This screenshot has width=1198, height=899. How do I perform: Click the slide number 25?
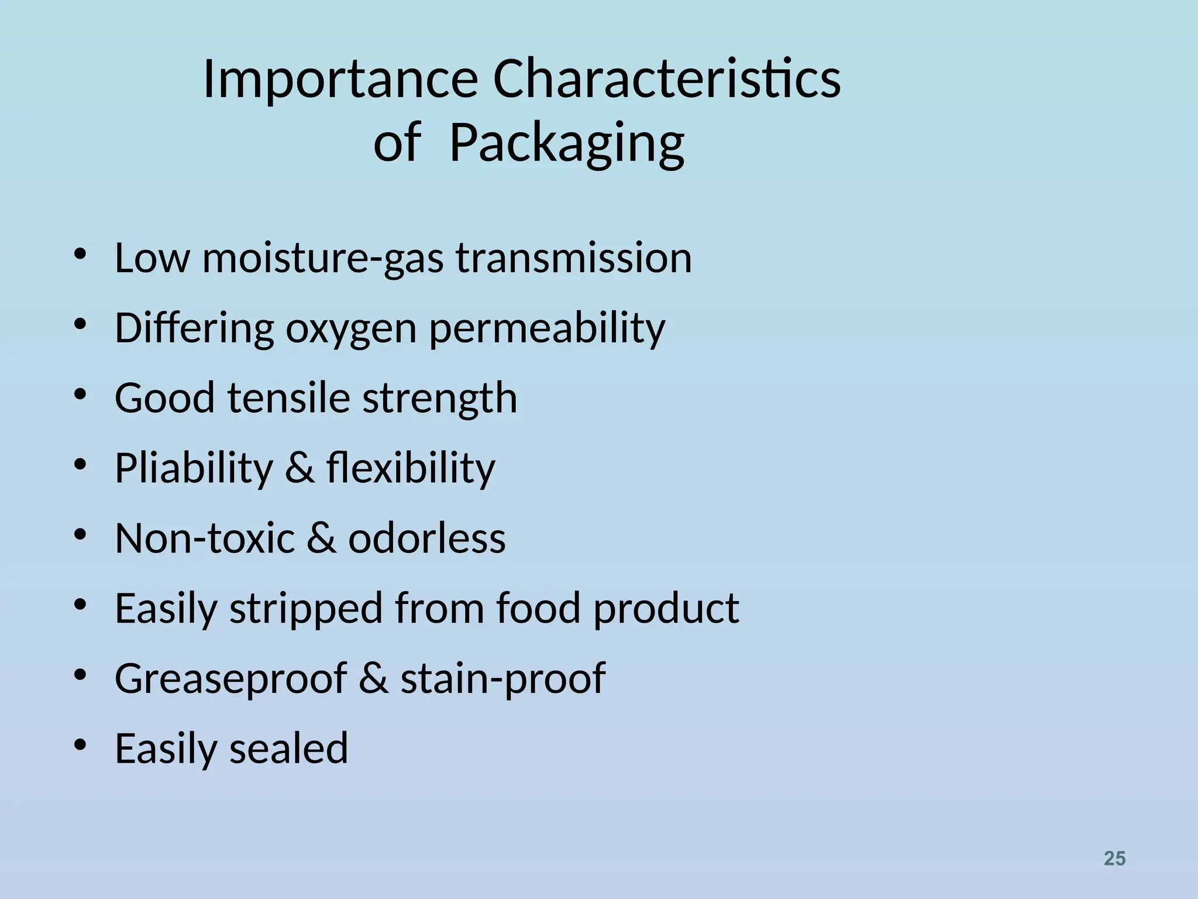(x=1114, y=859)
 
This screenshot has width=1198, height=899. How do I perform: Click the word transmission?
(x=574, y=258)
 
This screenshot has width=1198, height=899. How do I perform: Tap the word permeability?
(x=547, y=329)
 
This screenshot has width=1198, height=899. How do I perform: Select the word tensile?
(x=289, y=398)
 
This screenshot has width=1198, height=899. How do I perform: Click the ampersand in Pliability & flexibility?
(x=299, y=468)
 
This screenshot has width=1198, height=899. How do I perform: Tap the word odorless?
(x=427, y=538)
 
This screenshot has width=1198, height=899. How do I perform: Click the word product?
(x=666, y=609)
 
